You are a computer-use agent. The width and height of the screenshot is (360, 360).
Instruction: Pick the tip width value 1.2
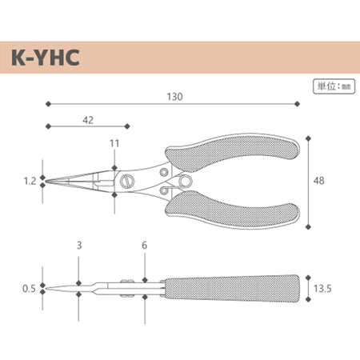[30, 182]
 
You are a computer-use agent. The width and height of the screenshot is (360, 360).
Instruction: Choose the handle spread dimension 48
[319, 182]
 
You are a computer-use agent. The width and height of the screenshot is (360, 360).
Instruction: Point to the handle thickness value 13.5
[323, 287]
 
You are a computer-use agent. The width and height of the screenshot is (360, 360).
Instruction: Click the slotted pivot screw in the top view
[127, 182]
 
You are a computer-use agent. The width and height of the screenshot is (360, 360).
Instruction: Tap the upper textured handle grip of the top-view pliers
[232, 156]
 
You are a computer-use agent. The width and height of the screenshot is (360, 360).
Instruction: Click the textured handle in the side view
[232, 287]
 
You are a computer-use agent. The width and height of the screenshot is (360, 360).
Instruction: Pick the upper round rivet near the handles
[164, 171]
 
